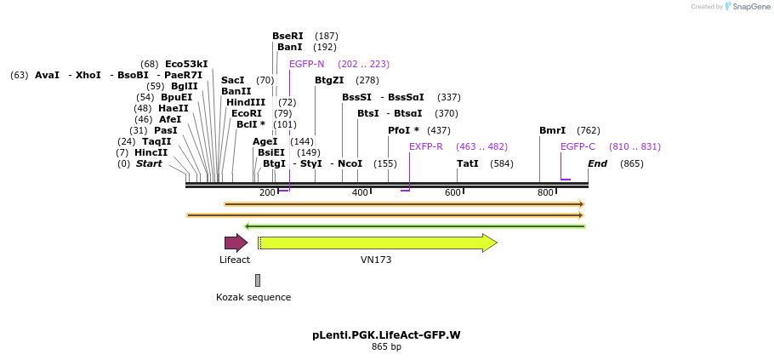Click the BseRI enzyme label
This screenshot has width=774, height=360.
click(287, 36)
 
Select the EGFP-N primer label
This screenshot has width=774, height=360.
click(306, 64)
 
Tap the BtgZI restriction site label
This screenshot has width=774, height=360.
click(329, 80)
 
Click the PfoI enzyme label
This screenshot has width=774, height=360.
click(403, 130)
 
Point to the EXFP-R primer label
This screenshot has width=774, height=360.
click(425, 146)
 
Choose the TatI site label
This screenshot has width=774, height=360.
click(467, 163)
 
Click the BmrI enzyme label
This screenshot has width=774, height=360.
click(552, 130)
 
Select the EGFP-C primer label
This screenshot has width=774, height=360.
click(578, 146)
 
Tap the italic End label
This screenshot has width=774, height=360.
click(597, 163)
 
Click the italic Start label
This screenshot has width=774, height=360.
click(148, 163)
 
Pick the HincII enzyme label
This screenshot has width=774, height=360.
click(151, 152)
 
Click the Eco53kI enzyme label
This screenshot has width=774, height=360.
click(186, 64)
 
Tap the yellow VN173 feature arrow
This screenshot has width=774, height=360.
click(377, 243)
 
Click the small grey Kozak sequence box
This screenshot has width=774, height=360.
click(258, 280)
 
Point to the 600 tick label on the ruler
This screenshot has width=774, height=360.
click(452, 193)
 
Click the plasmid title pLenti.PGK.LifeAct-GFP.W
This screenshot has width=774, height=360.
click(386, 335)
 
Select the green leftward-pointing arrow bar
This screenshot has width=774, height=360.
click(414, 226)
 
